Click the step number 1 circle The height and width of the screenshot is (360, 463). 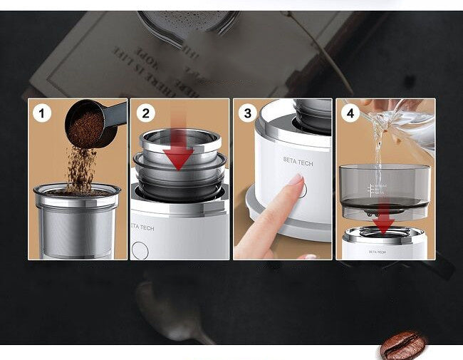pyautogui.click(x=42, y=113)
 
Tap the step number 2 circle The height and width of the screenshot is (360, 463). pyautogui.click(x=145, y=113)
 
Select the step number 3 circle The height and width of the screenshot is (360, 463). pyautogui.click(x=248, y=113)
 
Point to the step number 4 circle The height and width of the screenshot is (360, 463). pyautogui.click(x=350, y=113)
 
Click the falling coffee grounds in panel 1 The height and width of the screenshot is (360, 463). pyautogui.click(x=81, y=168)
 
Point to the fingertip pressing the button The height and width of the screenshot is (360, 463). pyautogui.click(x=294, y=181)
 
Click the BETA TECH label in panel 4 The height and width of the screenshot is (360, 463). pyautogui.click(x=377, y=252)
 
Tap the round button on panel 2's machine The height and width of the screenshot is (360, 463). pyautogui.click(x=140, y=250)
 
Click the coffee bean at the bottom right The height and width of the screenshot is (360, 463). pyautogui.click(x=402, y=345)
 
